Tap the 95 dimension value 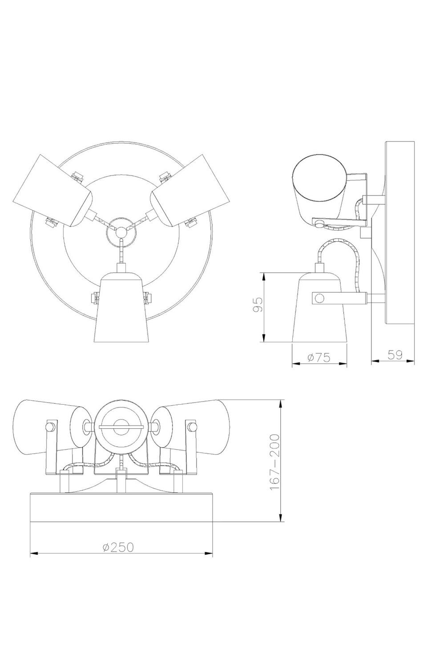pyautogui.click(x=258, y=304)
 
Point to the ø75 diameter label pyautogui.click(x=318, y=358)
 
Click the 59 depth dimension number pyautogui.click(x=395, y=355)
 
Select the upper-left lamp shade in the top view pyautogui.click(x=52, y=190)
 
